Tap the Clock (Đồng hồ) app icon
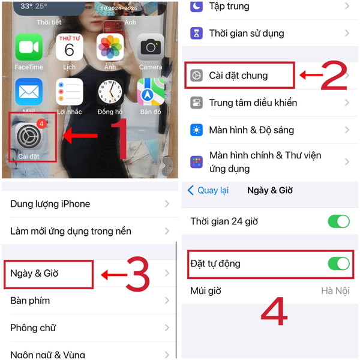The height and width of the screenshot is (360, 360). [110, 92]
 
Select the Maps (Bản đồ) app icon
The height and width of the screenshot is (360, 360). [151, 92]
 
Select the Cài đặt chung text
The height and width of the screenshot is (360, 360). [238, 76]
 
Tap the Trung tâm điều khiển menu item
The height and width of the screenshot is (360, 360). [253, 103]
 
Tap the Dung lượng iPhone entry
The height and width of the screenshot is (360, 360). [50, 204]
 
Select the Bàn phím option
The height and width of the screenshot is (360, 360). [30, 301]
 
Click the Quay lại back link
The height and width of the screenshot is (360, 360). [208, 190]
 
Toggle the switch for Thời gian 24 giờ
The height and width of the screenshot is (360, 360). [338, 221]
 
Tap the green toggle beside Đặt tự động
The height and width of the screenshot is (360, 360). [338, 263]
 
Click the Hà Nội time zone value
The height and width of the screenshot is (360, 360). [335, 291]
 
